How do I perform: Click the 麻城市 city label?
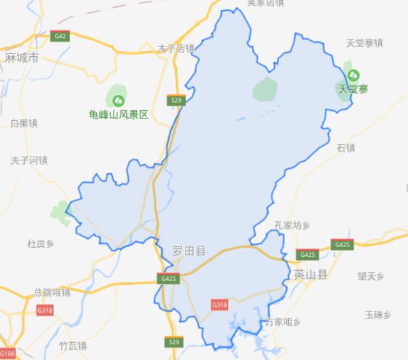22,58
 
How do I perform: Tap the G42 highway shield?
61,36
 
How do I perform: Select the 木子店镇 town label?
176,48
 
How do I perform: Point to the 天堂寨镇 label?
364,43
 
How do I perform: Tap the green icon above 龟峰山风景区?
118,100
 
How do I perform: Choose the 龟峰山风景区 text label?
119,115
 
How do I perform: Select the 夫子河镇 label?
29,160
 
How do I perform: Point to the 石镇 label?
346,148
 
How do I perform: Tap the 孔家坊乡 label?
291,225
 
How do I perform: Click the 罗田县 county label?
189,252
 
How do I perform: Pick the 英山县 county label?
310,275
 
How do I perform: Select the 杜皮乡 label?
41,243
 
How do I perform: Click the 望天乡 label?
370,276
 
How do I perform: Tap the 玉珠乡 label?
377,314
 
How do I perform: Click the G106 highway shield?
7,354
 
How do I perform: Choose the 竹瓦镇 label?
72,346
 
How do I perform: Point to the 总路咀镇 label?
52,292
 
